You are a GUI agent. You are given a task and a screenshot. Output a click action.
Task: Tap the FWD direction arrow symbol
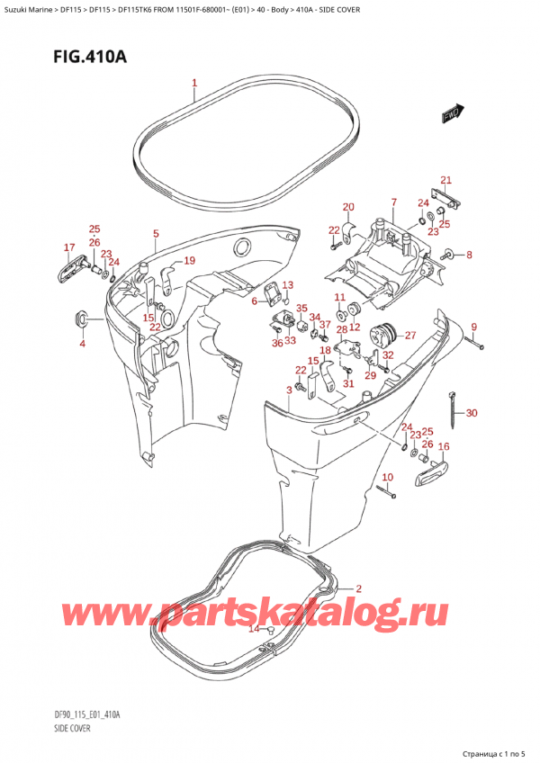pyautogui.click(x=451, y=114)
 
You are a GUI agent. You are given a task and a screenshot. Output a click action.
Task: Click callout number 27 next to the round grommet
pyautogui.click(x=410, y=336)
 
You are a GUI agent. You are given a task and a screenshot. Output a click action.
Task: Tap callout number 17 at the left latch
pyautogui.click(x=69, y=247)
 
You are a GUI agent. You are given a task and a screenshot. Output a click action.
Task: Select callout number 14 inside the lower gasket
pyautogui.click(x=254, y=628)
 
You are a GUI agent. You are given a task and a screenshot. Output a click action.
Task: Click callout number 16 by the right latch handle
pyautogui.click(x=443, y=446)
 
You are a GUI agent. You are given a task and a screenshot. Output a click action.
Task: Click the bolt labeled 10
pyautogui.click(x=384, y=490)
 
